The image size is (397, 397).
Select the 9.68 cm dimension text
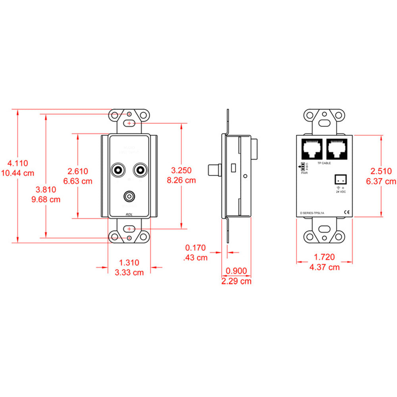click(46, 199)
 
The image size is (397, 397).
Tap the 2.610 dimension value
click(78, 171)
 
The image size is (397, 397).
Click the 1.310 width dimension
click(129, 262)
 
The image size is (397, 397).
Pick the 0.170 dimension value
click(196, 248)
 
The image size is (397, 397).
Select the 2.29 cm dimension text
click(236, 281)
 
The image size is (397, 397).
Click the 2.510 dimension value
click(381, 171)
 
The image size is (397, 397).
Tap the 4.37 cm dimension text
click(324, 267)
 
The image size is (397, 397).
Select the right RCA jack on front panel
click(140, 170)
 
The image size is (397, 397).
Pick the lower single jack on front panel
click(129, 196)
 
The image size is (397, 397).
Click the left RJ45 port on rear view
click(312, 150)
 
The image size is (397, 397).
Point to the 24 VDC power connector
click(341, 179)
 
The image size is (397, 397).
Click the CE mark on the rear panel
click(346, 212)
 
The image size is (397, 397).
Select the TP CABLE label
click(324, 163)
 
